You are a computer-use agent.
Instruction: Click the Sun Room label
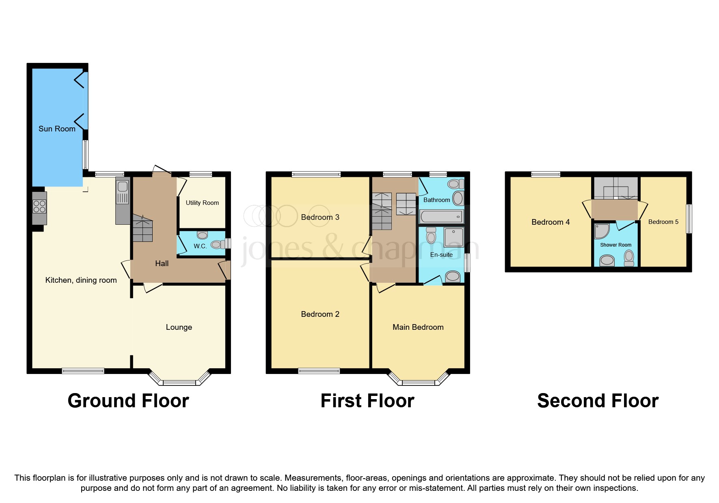pyautogui.click(x=57, y=129)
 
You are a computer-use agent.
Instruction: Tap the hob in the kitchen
pyautogui.click(x=39, y=207)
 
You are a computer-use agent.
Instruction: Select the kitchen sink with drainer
pyautogui.click(x=123, y=192)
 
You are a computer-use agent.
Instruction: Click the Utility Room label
pyautogui.click(x=202, y=203)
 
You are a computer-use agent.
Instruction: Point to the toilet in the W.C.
pyautogui.click(x=217, y=244)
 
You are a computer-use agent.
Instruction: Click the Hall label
pyautogui.click(x=162, y=264)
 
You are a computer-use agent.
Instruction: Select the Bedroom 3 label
pyautogui.click(x=320, y=217)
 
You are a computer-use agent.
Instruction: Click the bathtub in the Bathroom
pyautogui.click(x=441, y=217)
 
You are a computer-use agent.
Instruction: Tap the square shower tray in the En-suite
pyautogui.click(x=453, y=237)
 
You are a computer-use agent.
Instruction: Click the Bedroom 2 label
pyautogui.click(x=320, y=314)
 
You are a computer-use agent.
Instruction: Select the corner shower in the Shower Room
pyautogui.click(x=601, y=231)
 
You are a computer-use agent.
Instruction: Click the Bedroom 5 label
pyautogui.click(x=663, y=222)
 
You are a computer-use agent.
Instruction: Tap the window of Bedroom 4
pyautogui.click(x=546, y=174)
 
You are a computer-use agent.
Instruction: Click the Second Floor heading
pyautogui.click(x=598, y=401)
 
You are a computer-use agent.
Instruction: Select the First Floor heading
pyautogui.click(x=367, y=401)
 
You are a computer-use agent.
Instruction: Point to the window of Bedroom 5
pyautogui.click(x=689, y=219)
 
